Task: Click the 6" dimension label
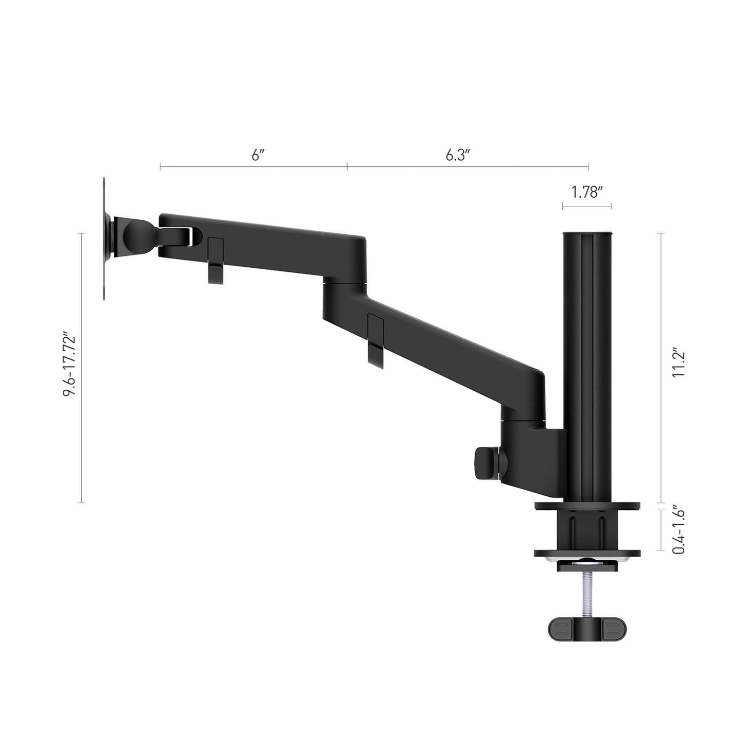coord(257,155)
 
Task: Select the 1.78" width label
coord(587,193)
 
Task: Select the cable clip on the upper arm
coord(215,261)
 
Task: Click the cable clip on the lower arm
coord(376,341)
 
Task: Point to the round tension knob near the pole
coord(486,457)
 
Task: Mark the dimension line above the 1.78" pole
coord(587,206)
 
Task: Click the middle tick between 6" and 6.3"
coord(347,166)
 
